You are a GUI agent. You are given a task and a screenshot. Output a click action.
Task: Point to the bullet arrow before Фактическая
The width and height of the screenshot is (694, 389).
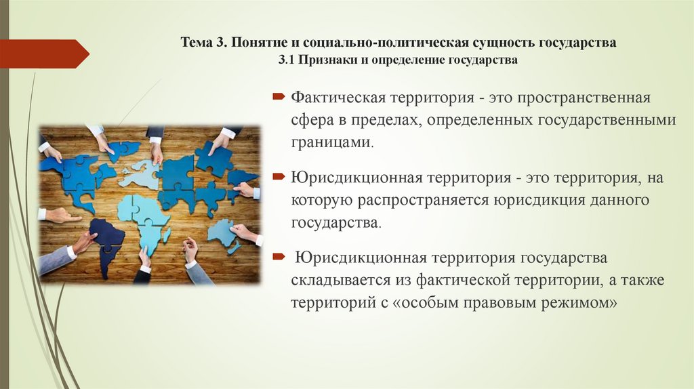pyautogui.click(x=278, y=98)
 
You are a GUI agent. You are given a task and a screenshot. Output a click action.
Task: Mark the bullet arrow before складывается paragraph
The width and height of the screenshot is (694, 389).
pyautogui.click(x=278, y=257)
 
